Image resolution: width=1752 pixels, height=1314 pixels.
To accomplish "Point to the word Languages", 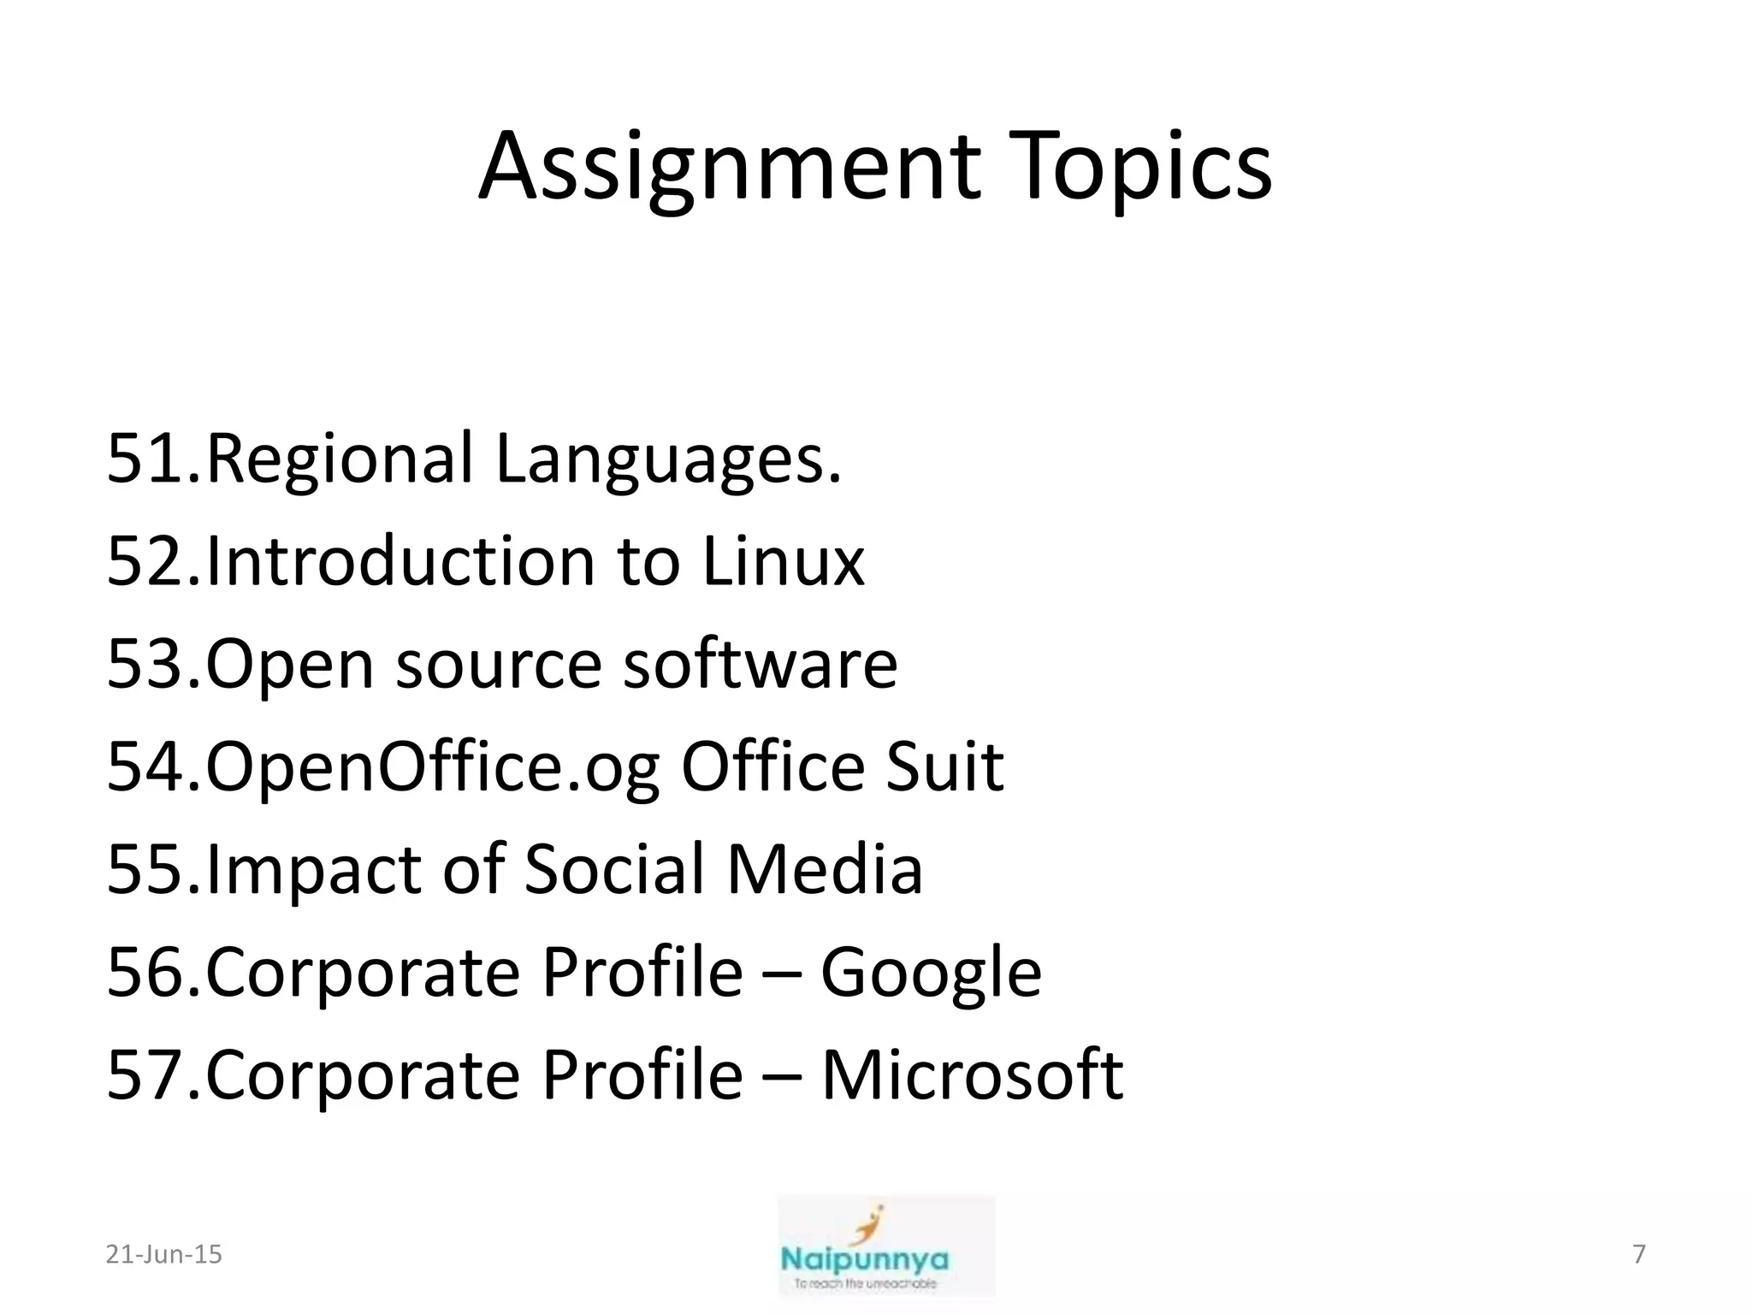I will point(668,459).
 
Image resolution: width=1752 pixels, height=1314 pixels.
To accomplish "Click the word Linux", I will point(783,562).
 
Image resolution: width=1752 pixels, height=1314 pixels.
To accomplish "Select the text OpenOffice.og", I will point(432,767).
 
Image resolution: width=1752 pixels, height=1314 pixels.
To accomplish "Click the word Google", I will point(931,973).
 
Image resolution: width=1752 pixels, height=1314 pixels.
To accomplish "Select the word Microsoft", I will point(972,1075).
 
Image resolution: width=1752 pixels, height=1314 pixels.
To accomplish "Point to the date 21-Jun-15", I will point(163,1254).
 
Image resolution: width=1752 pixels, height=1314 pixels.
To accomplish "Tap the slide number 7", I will point(1639,1254).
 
